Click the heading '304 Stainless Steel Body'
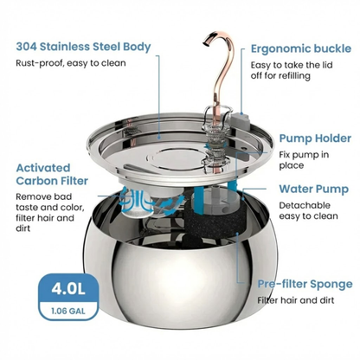83,47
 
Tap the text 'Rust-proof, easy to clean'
71,63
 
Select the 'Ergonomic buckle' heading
301,48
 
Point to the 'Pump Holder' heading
315,138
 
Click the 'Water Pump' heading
314,190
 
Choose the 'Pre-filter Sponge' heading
305,284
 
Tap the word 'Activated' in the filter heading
43,168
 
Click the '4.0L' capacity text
68,288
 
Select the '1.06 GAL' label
68,312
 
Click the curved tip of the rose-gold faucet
206,42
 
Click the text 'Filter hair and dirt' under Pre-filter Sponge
296,300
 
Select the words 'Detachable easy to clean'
308,210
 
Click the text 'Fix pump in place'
304,160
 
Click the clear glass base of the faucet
215,136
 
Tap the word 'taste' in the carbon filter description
27,208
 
